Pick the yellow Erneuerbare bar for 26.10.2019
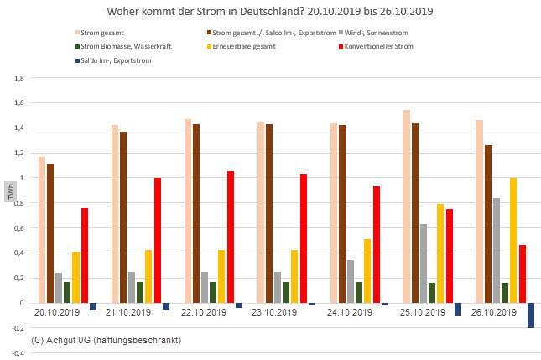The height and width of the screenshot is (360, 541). tap(512, 240)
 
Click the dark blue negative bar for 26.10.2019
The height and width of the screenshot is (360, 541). tap(531, 316)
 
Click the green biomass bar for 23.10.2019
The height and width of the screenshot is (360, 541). tap(286, 292)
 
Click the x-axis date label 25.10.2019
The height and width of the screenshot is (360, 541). tap(421, 312)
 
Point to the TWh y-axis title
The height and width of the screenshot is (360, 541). tap(11, 190)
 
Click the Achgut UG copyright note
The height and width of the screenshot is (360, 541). tap(106, 340)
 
